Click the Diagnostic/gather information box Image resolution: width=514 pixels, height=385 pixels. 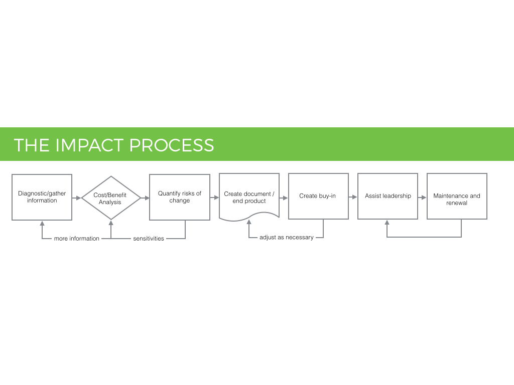coord(42,197)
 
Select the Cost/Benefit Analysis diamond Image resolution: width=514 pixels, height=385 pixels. coord(111,198)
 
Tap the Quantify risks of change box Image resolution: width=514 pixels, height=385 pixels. coord(180,197)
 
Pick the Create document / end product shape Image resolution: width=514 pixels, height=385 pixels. coord(249,197)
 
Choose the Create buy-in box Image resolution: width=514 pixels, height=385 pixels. coord(318,196)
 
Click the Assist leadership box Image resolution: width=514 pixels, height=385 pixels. coord(388,196)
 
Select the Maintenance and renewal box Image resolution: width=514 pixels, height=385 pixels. coord(457,196)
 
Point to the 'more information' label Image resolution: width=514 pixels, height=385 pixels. coord(77,239)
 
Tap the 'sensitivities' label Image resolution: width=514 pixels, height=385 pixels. coord(149,239)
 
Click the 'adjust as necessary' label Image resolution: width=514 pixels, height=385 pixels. coord(287,237)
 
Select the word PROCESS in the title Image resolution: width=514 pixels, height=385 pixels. coord(172,145)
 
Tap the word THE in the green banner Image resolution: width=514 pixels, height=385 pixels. coord(32,145)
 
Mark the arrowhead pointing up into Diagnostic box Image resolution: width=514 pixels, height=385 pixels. coord(42,223)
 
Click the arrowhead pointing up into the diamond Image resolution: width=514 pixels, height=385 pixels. coord(111,223)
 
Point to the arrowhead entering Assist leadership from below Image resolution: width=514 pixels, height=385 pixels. coord(387,222)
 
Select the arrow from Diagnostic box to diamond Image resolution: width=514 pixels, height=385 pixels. coord(76,198)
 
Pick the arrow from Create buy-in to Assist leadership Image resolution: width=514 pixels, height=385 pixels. coord(353,197)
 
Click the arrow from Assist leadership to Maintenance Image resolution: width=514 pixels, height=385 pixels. coord(422,198)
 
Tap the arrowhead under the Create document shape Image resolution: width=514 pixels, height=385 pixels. coord(249,222)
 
